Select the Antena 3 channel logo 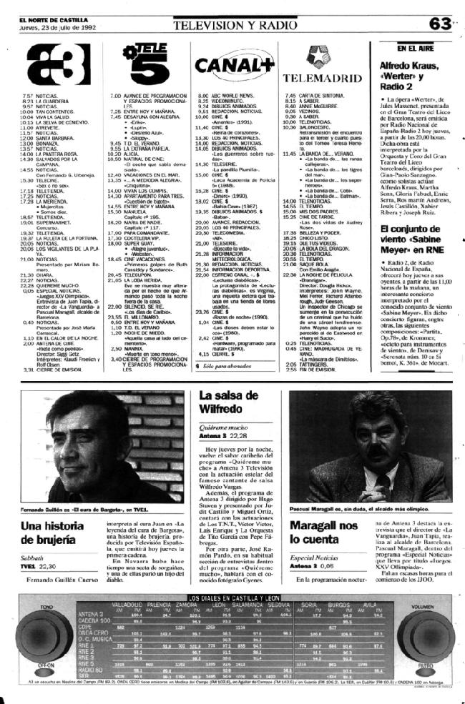click(x=42, y=63)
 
